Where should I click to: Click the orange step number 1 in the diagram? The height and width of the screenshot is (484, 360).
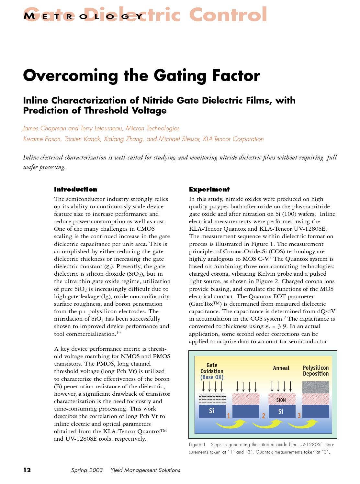pos(229,416)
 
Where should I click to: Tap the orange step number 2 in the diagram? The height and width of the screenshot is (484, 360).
pos(264,416)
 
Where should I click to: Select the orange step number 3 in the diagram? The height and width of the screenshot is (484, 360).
pos(299,415)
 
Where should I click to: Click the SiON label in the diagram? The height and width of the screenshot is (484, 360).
pos(281,400)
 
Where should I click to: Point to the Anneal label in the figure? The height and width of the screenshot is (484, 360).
pos(281,368)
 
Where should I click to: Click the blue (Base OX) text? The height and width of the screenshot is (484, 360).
pos(212,377)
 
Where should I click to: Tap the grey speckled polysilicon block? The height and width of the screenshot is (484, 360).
pos(316,387)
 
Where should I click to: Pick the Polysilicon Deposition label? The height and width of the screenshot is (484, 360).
pos(316,371)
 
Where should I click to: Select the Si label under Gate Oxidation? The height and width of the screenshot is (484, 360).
pos(211,411)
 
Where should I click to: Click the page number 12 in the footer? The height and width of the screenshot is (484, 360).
pos(27,470)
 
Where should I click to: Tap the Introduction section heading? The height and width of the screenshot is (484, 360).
pos(75,190)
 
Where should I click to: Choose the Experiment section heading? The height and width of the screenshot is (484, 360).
pos(209,190)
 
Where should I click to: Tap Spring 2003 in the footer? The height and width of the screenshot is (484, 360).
pos(87,470)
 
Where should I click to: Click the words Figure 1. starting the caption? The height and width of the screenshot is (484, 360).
pos(198,445)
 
